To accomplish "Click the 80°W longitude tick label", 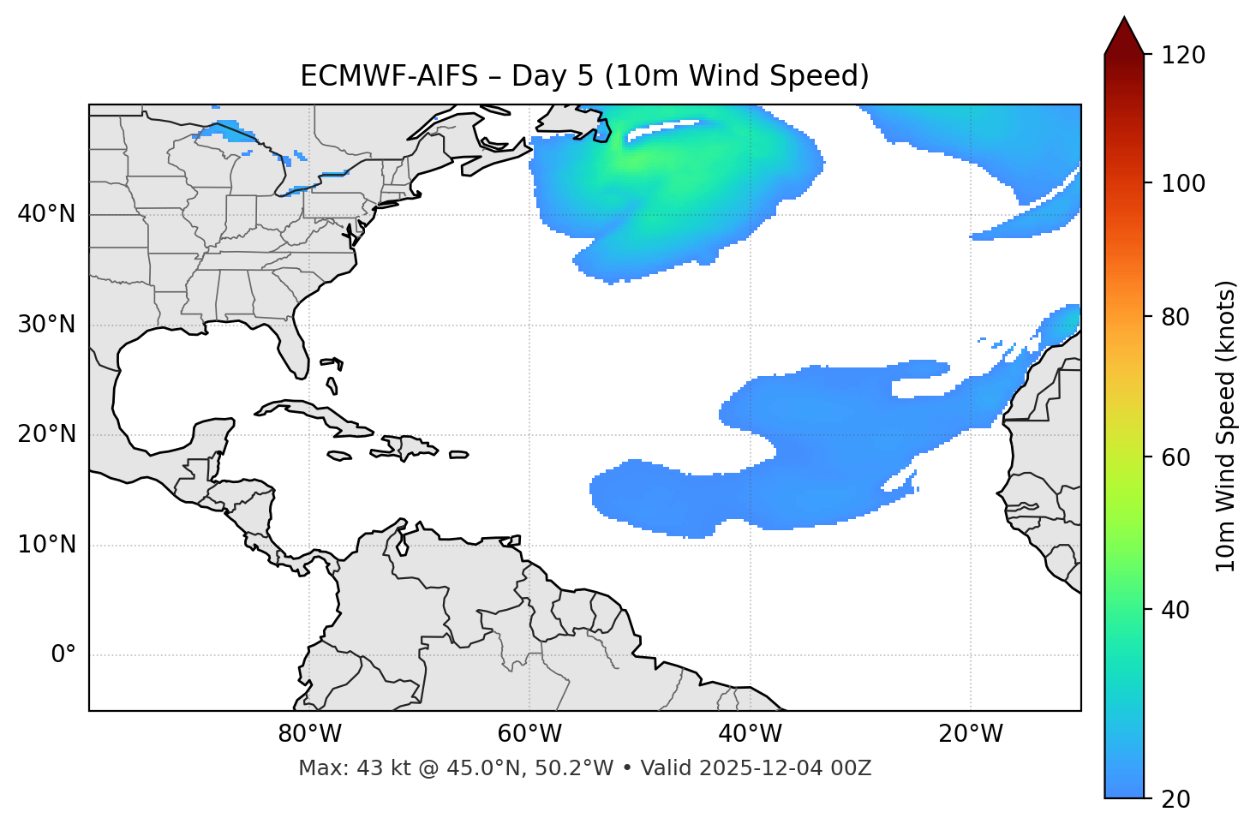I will pos(309,734).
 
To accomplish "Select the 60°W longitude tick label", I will pos(529,734).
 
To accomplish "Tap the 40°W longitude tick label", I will pos(750,734).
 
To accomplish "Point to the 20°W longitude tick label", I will pos(970,734).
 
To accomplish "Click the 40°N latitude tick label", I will pos(46,214).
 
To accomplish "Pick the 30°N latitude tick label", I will pos(46,325).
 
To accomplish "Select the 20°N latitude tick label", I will pos(46,434).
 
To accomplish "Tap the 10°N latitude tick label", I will pos(46,545).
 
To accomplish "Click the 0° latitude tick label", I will pos(63,655).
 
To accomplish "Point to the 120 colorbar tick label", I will pos(1183,56).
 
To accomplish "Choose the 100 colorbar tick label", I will pos(1183,183).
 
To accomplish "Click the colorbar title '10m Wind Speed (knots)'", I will pos(1226,426).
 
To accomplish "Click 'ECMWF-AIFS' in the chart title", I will pos(389,76).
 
